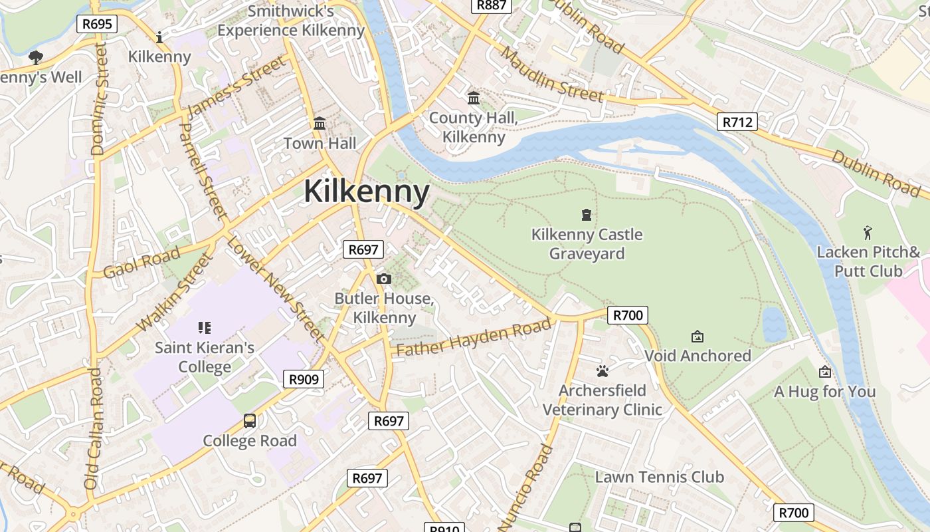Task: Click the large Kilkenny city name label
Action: point(367,192)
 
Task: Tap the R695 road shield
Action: point(97,25)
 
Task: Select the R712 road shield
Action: point(737,122)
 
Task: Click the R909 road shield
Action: point(304,380)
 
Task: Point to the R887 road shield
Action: point(492,5)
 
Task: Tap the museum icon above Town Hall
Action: point(320,124)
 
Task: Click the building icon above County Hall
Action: point(474,98)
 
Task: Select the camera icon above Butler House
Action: point(384,279)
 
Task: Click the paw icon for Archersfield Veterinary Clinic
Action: point(603,370)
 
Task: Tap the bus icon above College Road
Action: point(250,420)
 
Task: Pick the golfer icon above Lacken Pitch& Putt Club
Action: point(868,233)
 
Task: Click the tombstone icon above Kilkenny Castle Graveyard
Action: point(587,214)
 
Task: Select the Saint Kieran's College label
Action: point(205,357)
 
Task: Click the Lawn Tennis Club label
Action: point(659,477)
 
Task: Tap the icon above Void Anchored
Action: point(697,336)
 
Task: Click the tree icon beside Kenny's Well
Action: point(36,58)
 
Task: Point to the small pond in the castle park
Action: point(774,325)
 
